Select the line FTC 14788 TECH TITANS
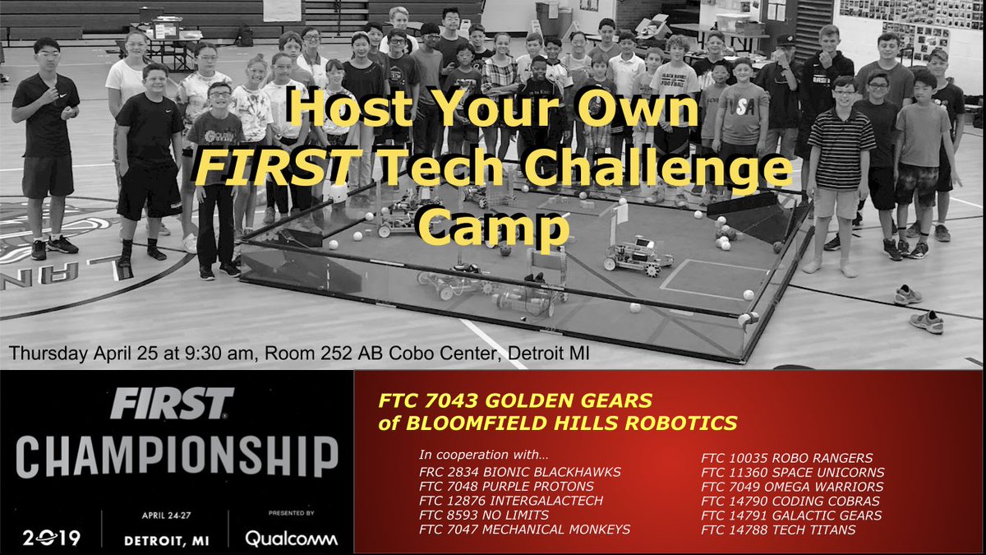[x=778, y=530]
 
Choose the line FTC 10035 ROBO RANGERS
[x=786, y=457]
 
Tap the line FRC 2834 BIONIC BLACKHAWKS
[x=519, y=471]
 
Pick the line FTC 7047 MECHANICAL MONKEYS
[x=524, y=529]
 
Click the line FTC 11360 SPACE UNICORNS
[x=792, y=472]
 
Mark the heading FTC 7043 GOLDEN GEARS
[x=514, y=401]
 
